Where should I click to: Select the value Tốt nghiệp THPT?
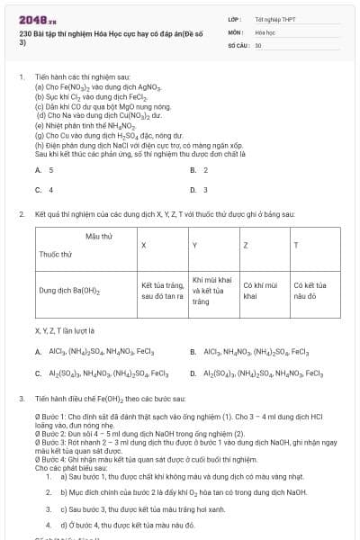click(x=274, y=19)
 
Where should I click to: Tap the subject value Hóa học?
click(x=265, y=31)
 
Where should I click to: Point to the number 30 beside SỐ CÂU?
click(x=258, y=44)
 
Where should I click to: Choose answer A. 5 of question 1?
click(x=44, y=170)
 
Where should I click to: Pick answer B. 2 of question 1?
click(x=199, y=170)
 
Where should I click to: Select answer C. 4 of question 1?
click(x=44, y=190)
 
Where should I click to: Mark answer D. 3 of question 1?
click(x=199, y=190)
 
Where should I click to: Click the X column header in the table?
click(x=144, y=245)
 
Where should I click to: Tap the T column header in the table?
click(x=296, y=245)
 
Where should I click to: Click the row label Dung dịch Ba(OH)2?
click(x=70, y=291)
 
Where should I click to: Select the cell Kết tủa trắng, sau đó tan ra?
click(x=162, y=291)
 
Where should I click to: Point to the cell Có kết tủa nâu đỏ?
click(x=310, y=291)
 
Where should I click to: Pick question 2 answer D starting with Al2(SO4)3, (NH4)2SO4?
click(x=264, y=373)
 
